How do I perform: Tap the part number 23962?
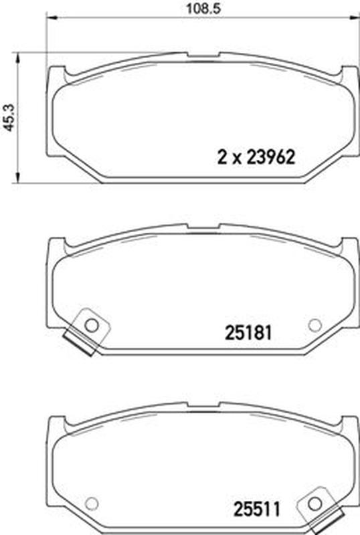[270, 158]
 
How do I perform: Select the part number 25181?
[248, 332]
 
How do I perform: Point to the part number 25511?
[257, 510]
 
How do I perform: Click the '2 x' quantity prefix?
[230, 158]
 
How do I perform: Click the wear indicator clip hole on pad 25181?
[92, 325]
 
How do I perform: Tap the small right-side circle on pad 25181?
[315, 325]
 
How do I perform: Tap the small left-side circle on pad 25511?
[92, 503]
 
